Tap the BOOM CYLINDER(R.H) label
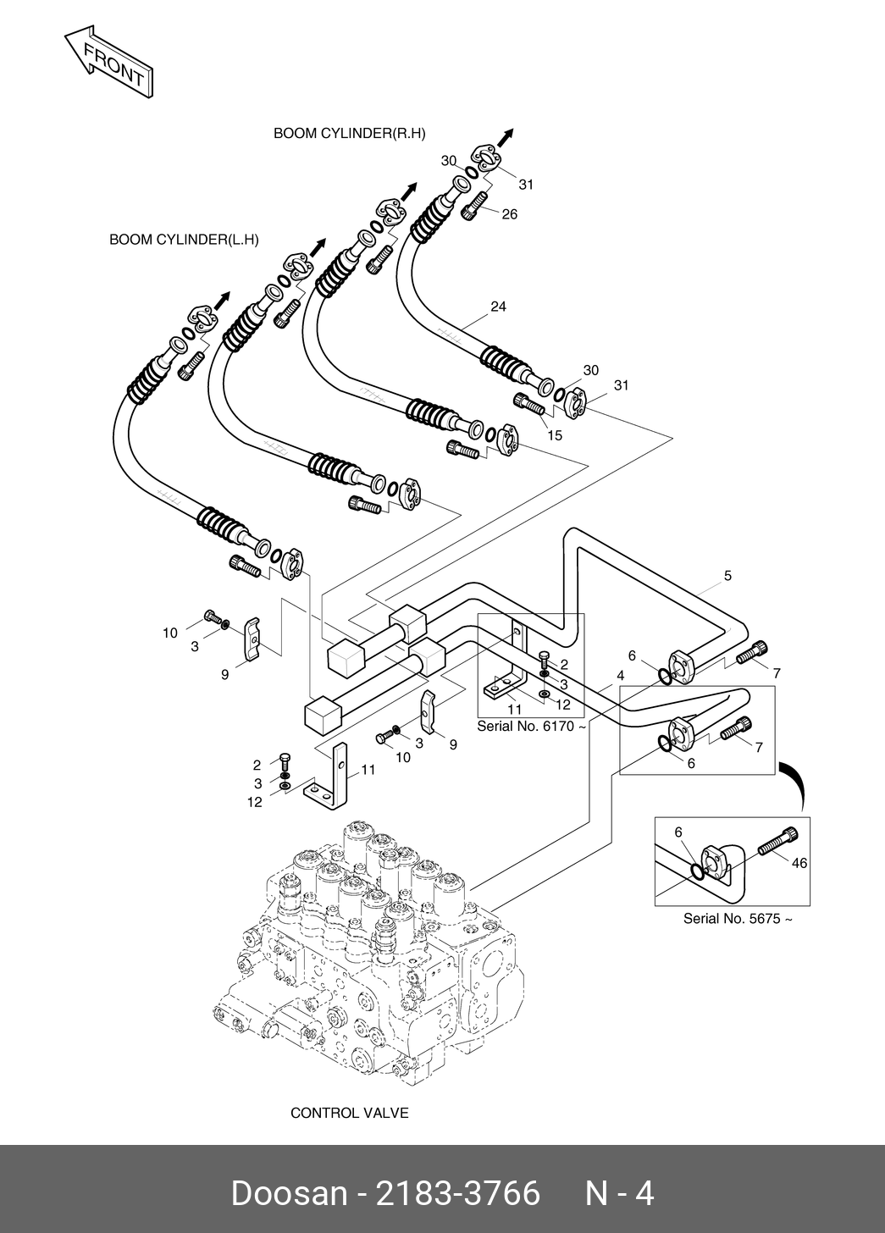[349, 134]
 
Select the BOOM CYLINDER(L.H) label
[184, 240]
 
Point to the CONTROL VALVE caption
[349, 1112]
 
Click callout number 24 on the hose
[498, 307]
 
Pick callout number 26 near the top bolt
[509, 214]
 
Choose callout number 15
[555, 435]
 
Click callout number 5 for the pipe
[727, 576]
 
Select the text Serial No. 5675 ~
[738, 919]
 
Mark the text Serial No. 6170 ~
[532, 727]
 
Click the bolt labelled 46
[776, 842]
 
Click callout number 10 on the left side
[170, 632]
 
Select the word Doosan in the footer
[288, 1193]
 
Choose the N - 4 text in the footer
[619, 1193]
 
